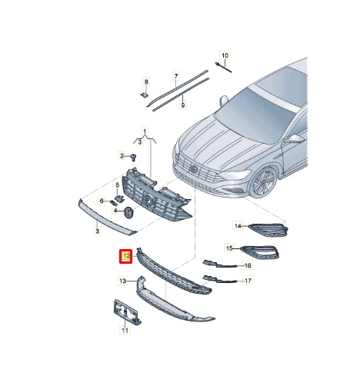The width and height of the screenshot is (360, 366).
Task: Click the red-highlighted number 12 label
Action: tap(123, 255)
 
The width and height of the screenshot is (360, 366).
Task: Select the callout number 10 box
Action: tap(225, 56)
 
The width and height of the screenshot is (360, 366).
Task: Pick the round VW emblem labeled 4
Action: tap(128, 212)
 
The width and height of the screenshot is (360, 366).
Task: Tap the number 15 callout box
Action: tap(228, 248)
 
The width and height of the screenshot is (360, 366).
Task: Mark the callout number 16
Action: tap(247, 265)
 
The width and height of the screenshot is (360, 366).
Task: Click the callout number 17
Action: tap(247, 281)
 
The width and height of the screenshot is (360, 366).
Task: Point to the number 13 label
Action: tap(122, 282)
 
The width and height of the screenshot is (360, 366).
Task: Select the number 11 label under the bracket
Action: tap(125, 331)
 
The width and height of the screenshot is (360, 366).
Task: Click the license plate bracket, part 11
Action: tap(124, 311)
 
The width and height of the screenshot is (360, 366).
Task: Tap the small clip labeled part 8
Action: tap(145, 94)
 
